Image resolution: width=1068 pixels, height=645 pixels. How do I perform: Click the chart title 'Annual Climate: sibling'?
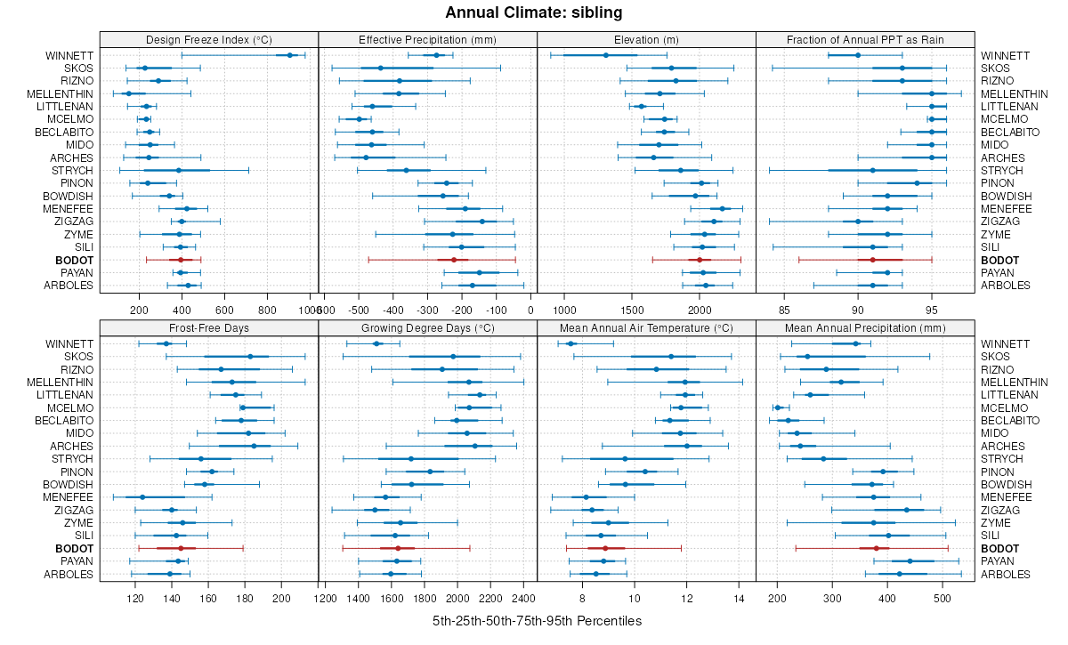coord(533,12)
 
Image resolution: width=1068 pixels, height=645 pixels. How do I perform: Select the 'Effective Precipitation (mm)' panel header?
coord(427,39)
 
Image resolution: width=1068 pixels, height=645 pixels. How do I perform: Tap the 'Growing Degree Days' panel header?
coord(427,327)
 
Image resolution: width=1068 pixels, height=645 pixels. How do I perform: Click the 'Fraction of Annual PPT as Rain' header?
coord(865,39)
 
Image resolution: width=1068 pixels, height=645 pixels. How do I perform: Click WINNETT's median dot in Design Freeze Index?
coord(290,55)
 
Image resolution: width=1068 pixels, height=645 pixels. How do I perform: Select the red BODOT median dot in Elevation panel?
coord(700,260)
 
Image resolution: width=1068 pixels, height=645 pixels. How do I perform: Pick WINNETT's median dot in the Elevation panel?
coord(606,55)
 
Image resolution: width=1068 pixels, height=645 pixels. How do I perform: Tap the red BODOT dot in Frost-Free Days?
coord(181,548)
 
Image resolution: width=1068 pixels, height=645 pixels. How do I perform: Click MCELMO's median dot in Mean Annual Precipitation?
coord(778,407)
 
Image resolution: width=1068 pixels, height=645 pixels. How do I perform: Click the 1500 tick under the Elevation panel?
coord(632,310)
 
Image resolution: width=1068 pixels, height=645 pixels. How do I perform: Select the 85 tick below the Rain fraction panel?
coord(784,310)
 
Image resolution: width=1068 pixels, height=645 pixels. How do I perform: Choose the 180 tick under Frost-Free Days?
coord(245,599)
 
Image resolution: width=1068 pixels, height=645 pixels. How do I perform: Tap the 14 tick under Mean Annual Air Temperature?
coord(739,599)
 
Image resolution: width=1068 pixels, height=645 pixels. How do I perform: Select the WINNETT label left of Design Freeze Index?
coord(70,56)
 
